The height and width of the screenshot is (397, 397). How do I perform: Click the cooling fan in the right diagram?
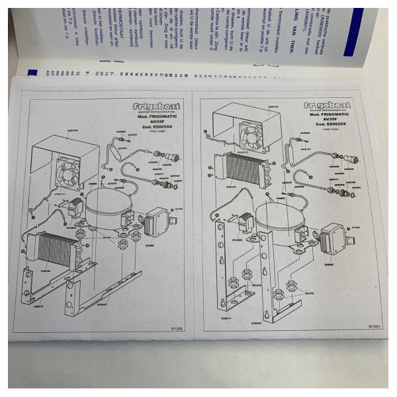coord(252,138)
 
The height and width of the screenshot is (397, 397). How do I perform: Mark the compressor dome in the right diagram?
coord(279,219)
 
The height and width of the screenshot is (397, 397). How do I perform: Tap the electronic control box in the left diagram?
coord(159,219)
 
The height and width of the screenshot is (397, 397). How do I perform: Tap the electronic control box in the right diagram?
coord(332,236)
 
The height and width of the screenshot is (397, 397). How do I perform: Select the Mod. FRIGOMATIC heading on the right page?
coord(328,115)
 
